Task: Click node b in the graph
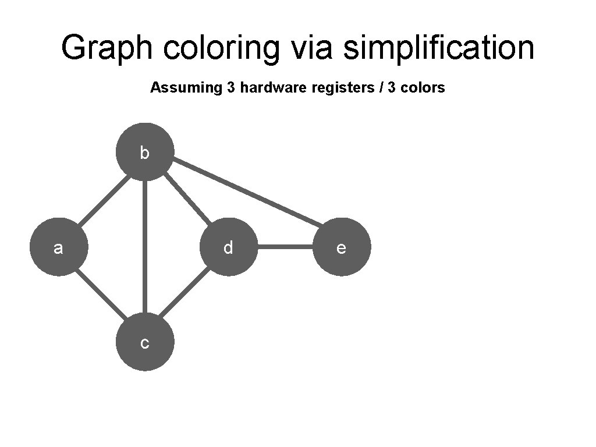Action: coord(145,152)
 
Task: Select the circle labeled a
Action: coord(58,247)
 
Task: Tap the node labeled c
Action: coord(145,342)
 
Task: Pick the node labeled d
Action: coord(229,247)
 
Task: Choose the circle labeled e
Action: coord(342,247)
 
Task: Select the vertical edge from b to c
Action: coord(145,247)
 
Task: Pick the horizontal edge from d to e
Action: coord(285,247)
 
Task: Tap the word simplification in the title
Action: coord(438,48)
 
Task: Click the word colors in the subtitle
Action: coord(424,88)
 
